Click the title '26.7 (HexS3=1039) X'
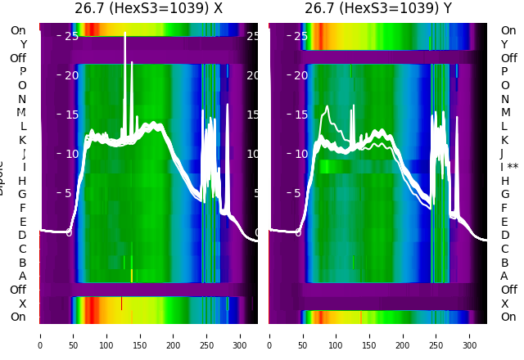point(148,8)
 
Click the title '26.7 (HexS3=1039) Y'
point(378,8)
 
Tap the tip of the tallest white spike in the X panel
point(125,34)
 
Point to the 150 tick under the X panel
point(140,335)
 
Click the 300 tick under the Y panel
point(470,335)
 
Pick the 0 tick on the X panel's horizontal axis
point(40,335)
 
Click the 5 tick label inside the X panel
point(69,193)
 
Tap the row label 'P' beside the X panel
point(23,72)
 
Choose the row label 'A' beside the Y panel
point(504,276)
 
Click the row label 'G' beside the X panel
point(23,194)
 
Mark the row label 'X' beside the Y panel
point(504,304)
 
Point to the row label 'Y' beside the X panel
point(23,44)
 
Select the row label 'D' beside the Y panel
point(504,235)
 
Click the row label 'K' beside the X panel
point(23,140)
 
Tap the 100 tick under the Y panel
point(337,335)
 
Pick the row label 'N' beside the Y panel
point(504,99)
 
